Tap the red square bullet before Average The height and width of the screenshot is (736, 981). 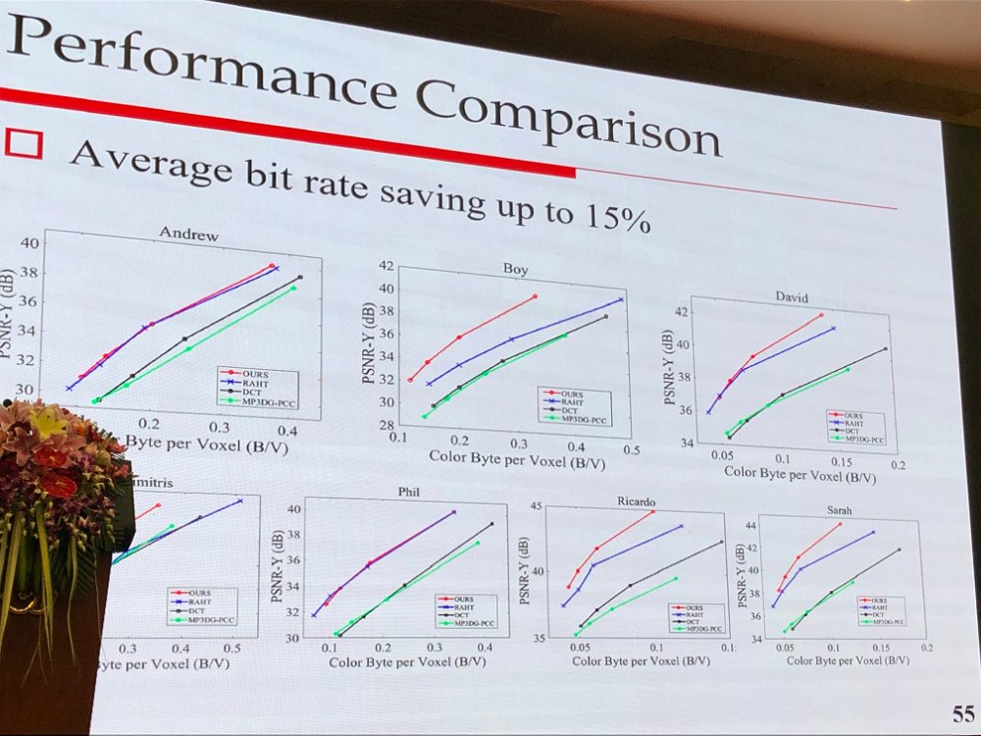point(24,143)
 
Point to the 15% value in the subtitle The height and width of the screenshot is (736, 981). point(619,217)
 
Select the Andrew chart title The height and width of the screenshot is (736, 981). point(188,236)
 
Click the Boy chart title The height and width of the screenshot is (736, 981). point(515,268)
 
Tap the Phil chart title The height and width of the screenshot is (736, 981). point(409,490)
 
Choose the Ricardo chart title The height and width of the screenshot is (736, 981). point(636,501)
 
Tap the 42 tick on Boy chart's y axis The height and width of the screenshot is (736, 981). point(386,265)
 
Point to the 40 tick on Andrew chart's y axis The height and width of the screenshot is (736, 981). point(29,243)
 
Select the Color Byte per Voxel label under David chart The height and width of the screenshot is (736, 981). point(800,475)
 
